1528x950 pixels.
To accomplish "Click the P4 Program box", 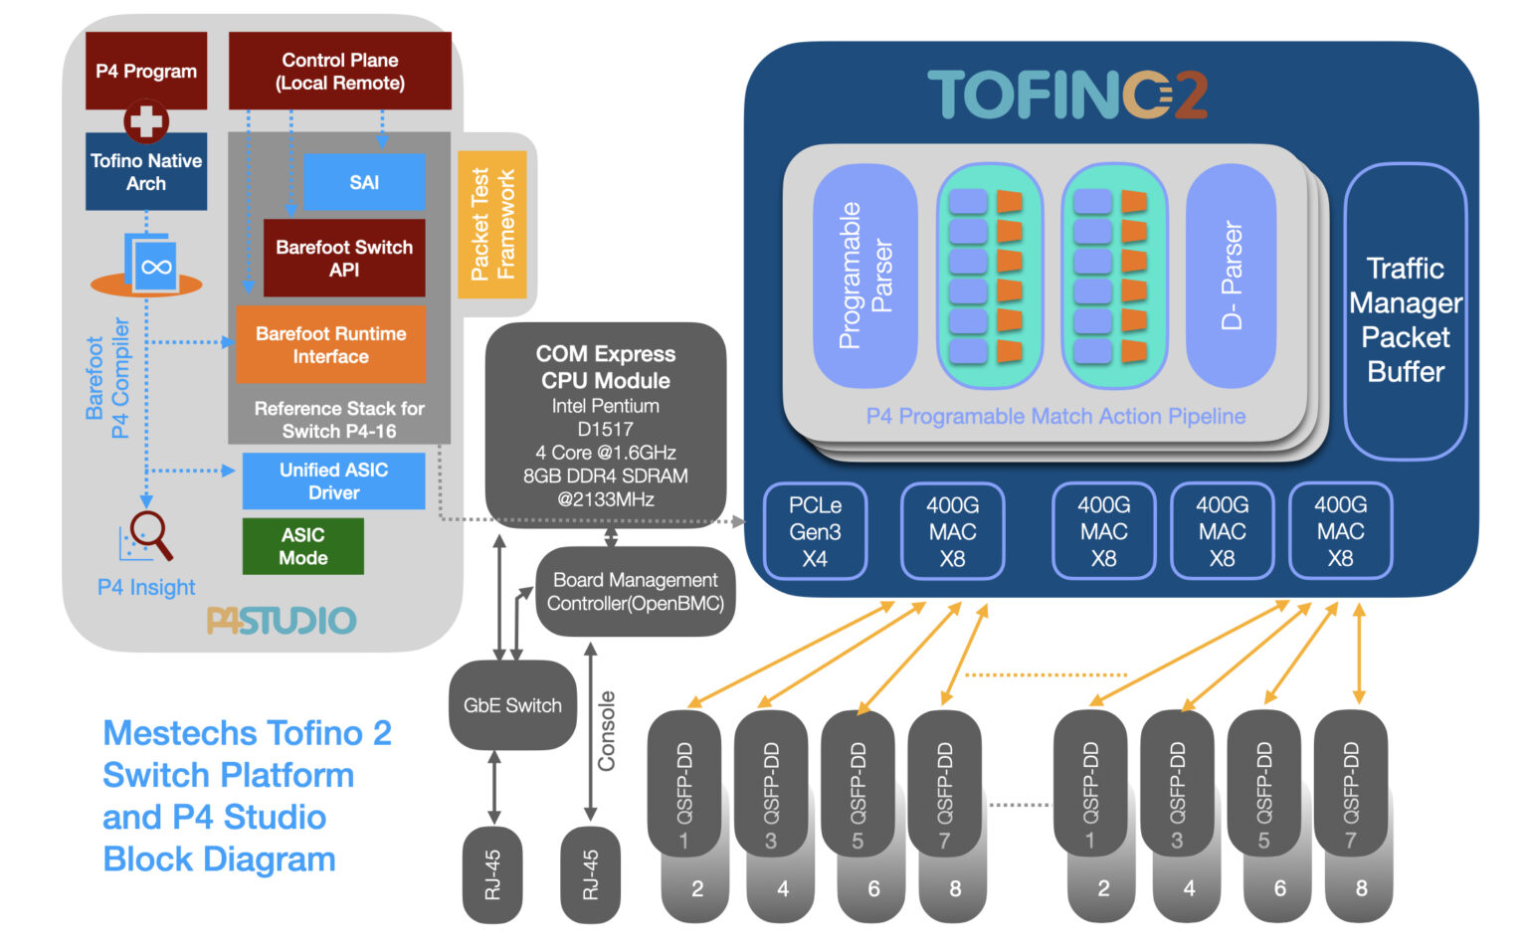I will pyautogui.click(x=146, y=70).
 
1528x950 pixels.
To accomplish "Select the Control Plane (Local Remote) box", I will pyautogui.click(x=339, y=71).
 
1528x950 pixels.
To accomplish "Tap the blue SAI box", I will pyautogui.click(x=364, y=182).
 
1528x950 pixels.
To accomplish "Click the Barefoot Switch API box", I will pyautogui.click(x=344, y=258).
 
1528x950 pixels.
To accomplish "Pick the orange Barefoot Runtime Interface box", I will pyautogui.click(x=330, y=344).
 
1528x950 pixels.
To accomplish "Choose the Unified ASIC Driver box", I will pyautogui.click(x=333, y=480).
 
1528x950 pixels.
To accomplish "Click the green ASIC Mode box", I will pyautogui.click(x=302, y=546).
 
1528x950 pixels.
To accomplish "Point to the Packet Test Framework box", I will pyautogui.click(x=492, y=224).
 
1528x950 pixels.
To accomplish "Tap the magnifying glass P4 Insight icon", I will pyautogui.click(x=149, y=535).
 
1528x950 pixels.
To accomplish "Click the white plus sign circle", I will pyautogui.click(x=146, y=121).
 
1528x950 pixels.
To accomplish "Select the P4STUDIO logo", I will pyautogui.click(x=282, y=621).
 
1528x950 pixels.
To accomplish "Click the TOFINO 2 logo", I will pyautogui.click(x=1067, y=95).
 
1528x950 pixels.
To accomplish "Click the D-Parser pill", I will pyautogui.click(x=1232, y=276).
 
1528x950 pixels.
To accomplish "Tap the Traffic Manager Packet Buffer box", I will pyautogui.click(x=1405, y=318).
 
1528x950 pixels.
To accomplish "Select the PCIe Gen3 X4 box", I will pyautogui.click(x=815, y=531).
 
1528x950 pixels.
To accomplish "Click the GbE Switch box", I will pyautogui.click(x=512, y=705).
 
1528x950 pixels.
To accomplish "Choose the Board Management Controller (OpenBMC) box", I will pyautogui.click(x=635, y=591).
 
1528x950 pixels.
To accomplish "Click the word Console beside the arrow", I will pyautogui.click(x=606, y=731).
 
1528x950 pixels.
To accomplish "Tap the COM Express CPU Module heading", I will pyautogui.click(x=605, y=367).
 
